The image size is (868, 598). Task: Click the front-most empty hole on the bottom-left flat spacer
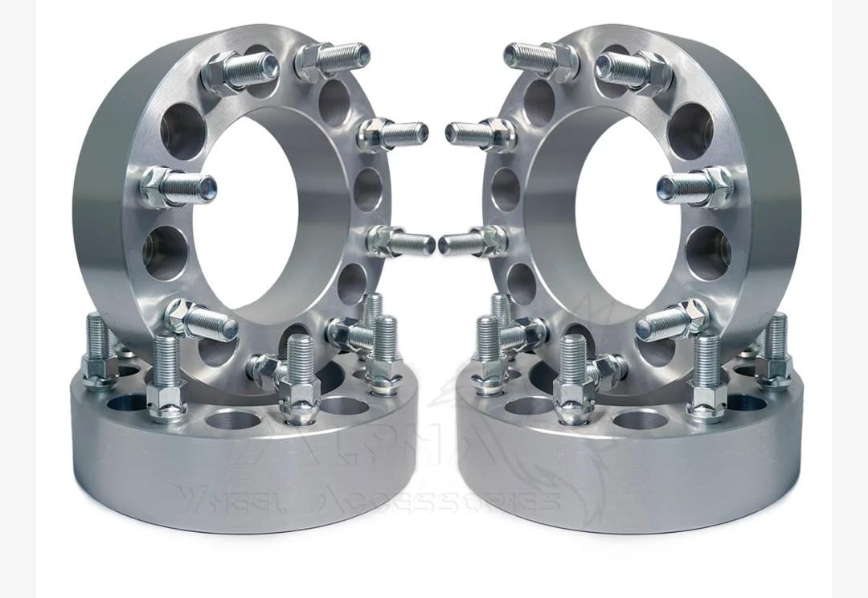tap(233, 419)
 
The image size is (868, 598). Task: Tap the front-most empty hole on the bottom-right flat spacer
tap(640, 419)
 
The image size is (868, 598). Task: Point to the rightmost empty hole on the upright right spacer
tap(708, 248)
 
